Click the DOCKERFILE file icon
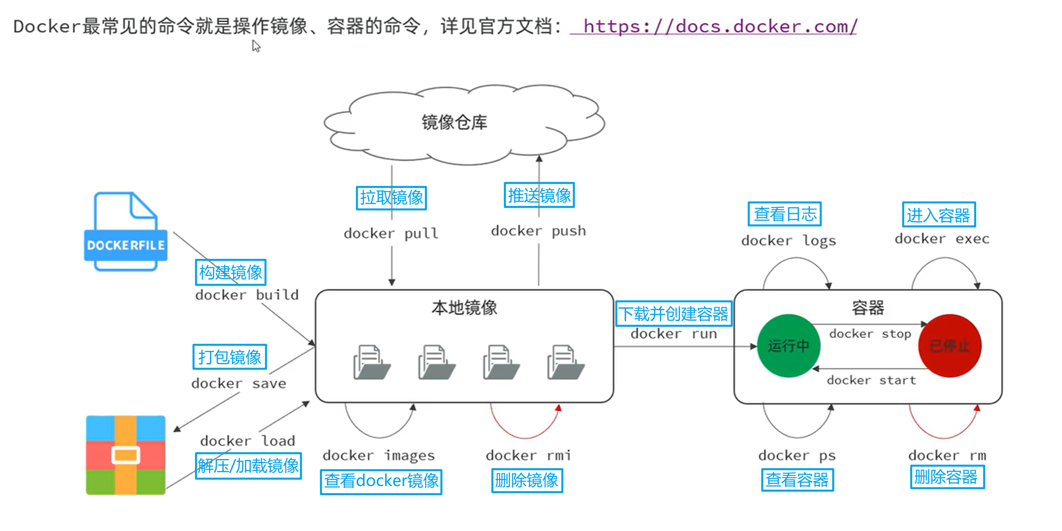click(125, 232)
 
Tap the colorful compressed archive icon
click(125, 455)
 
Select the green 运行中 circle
click(788, 346)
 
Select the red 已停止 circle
click(950, 346)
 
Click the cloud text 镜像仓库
click(454, 122)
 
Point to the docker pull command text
click(391, 233)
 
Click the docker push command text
click(538, 231)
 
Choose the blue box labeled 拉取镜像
click(391, 198)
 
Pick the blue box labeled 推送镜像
click(539, 195)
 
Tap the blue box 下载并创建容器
click(673, 314)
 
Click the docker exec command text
click(942, 239)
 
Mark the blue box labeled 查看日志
click(784, 214)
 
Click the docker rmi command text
click(528, 455)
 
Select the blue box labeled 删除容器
click(947, 477)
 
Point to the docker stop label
click(870, 334)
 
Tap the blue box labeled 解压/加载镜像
click(248, 466)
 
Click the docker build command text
click(247, 295)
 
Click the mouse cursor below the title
click(256, 46)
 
